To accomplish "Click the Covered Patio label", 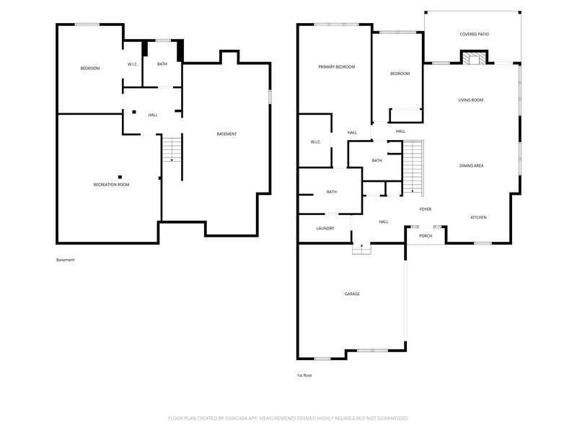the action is (474, 34).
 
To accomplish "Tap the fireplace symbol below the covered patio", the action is (474, 59).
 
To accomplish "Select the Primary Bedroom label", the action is (336, 67).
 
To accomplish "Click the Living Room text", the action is (471, 100).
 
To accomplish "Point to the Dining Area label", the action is (471, 166).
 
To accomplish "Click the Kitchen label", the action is (478, 218).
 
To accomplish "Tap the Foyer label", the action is (426, 209).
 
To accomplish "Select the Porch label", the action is (426, 236).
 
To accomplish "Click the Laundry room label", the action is (325, 229).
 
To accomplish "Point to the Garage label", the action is (352, 294).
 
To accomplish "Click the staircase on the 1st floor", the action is (413, 168).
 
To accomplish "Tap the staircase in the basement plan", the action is (172, 149).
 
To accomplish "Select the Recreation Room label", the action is (111, 185).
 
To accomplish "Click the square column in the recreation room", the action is (120, 177).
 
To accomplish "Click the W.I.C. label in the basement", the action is (133, 64).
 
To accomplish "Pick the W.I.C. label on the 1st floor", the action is (316, 142).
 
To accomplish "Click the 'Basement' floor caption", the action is (65, 260).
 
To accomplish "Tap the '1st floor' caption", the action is (304, 375).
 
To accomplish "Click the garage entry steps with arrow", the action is (361, 249).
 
